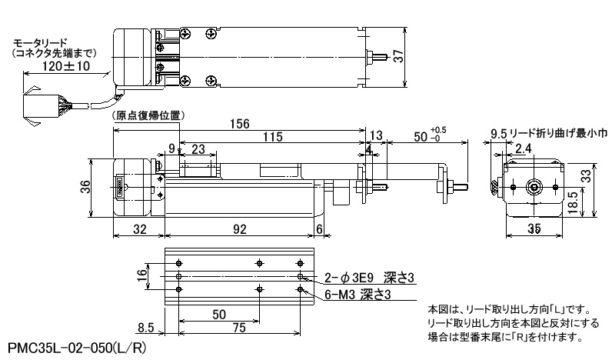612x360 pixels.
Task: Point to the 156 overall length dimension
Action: (x=239, y=124)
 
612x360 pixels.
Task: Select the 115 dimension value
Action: (x=272, y=137)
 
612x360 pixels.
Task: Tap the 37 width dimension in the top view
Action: (x=398, y=56)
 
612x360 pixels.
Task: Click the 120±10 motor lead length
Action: (x=66, y=65)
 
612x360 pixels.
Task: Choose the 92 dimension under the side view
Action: (x=239, y=228)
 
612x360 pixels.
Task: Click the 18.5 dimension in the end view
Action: (x=573, y=202)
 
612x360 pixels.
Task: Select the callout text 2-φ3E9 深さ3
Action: (x=369, y=278)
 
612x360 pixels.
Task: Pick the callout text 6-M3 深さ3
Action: (x=358, y=294)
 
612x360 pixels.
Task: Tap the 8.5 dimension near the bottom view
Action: (x=145, y=327)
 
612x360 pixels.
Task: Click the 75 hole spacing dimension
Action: (x=239, y=327)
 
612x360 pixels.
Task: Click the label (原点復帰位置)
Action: (x=148, y=115)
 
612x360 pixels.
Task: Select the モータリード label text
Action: (x=41, y=42)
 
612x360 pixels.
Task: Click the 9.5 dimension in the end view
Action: (x=498, y=135)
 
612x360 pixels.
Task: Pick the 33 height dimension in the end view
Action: (x=586, y=176)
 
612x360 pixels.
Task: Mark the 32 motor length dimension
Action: (x=139, y=228)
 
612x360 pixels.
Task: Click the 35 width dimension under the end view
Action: (x=534, y=228)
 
